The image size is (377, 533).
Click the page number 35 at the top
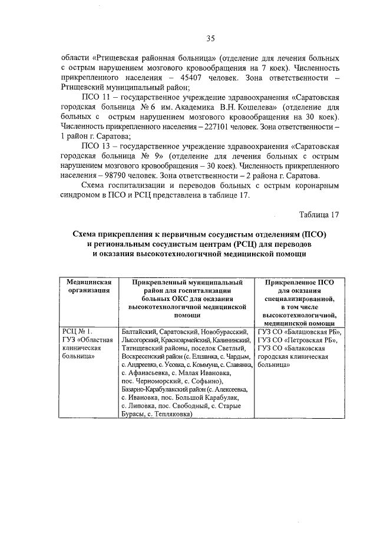pyautogui.click(x=210, y=39)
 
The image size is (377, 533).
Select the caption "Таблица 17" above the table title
pyautogui.click(x=319, y=214)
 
